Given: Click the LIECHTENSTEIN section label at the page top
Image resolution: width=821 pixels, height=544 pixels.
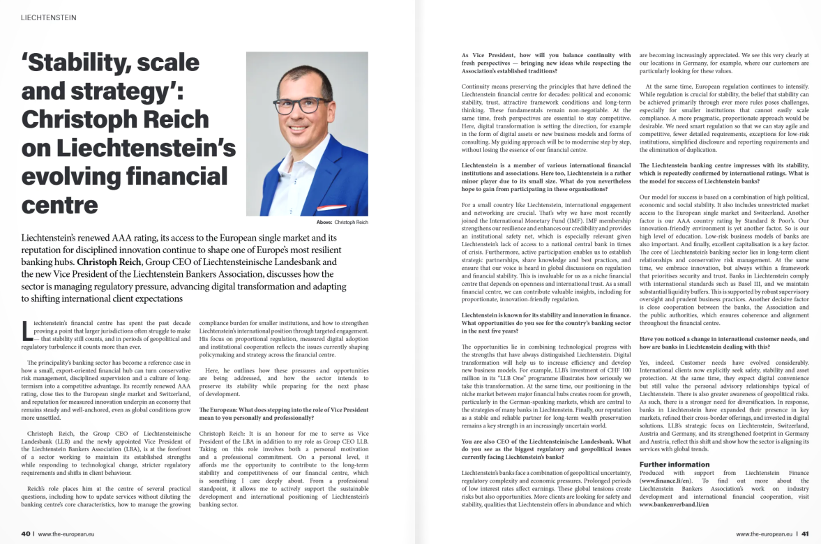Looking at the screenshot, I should point(49,17).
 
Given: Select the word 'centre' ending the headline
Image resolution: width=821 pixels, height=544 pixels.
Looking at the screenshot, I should point(60,204).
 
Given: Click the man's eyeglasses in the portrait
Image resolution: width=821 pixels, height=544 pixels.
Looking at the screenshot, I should point(304,105).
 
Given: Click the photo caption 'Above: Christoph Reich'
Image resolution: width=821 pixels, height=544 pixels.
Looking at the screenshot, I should point(342,222).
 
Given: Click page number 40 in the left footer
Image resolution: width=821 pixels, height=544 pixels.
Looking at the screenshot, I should point(26,534).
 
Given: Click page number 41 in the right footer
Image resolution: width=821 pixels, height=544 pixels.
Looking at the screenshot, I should point(804,534).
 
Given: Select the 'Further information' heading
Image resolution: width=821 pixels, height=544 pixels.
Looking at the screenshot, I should point(675,464).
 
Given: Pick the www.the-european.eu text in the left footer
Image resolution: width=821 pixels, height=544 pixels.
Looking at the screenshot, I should point(66,534).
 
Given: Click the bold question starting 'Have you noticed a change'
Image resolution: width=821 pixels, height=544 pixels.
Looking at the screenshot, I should point(723,342).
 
